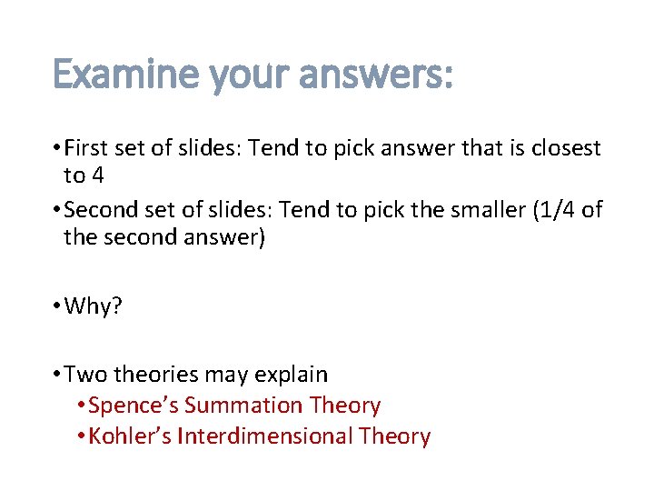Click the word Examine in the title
tap(125, 75)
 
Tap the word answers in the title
tap(375, 75)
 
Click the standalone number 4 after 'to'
tap(97, 175)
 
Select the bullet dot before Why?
tap(56, 306)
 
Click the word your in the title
tap(246, 75)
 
